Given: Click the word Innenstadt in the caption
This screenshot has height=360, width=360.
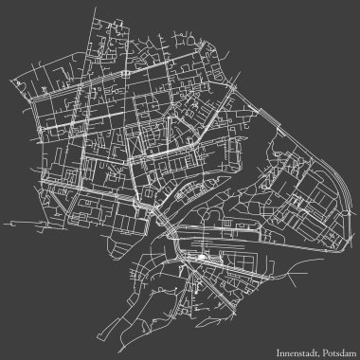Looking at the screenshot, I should coord(293,347).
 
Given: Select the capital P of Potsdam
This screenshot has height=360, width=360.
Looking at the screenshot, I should coord(321,347).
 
